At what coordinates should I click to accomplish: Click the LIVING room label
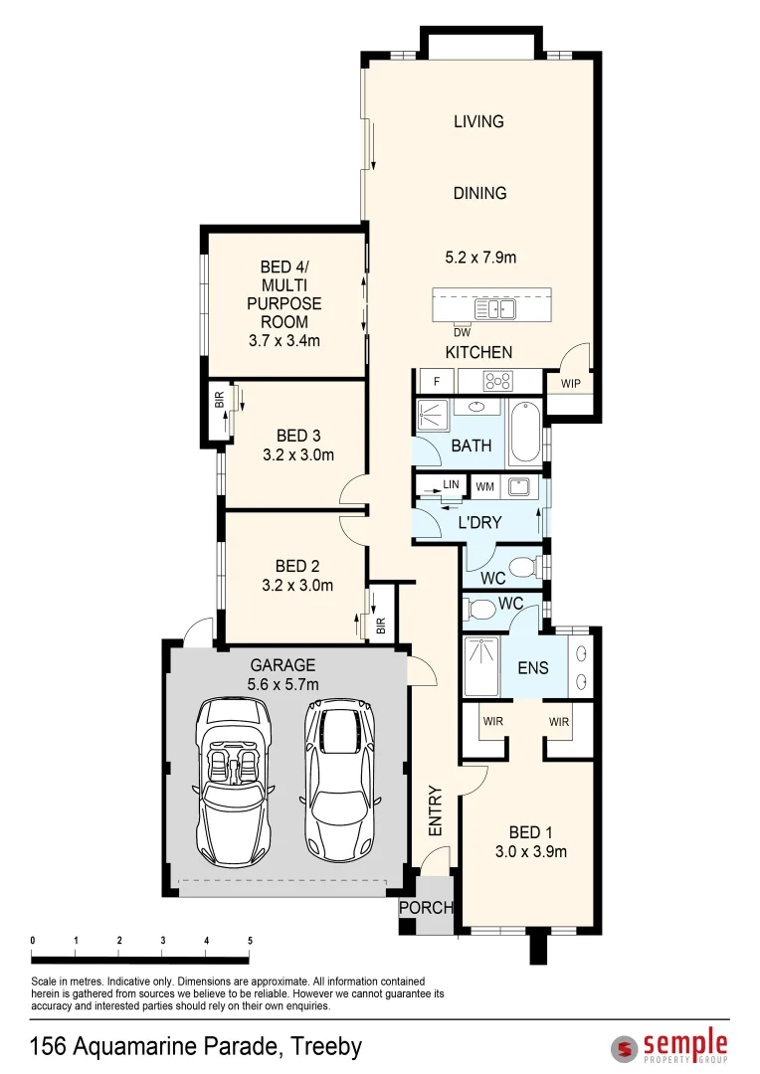(478, 121)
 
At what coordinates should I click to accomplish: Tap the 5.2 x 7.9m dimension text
(479, 258)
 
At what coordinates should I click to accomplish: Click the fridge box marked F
(436, 381)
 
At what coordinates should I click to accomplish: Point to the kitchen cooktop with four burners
(496, 381)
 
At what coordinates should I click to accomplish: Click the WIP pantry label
(570, 383)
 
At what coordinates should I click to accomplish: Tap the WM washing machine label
(485, 486)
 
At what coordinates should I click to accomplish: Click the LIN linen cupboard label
(451, 484)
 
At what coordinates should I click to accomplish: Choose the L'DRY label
(479, 522)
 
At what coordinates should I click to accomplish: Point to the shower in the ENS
(485, 667)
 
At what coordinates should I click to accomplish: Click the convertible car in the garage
(234, 783)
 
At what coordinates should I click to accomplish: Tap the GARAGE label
(283, 665)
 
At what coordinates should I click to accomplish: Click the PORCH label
(426, 908)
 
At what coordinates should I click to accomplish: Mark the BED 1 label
(530, 832)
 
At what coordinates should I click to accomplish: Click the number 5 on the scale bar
(250, 941)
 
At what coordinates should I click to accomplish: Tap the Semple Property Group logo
(669, 1046)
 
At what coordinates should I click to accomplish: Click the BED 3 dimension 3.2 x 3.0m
(297, 455)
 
